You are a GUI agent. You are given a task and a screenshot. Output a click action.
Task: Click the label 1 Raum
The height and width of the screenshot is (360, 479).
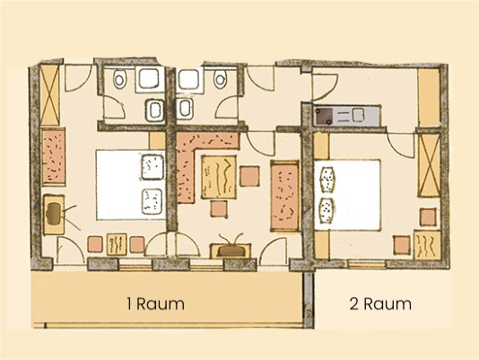155,303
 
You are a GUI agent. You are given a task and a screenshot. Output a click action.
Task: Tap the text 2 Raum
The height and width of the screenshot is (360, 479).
380,303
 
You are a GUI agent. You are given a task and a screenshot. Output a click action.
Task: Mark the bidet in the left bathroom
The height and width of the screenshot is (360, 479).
154,110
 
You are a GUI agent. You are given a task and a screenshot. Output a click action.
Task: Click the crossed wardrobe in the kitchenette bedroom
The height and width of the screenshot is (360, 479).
429,169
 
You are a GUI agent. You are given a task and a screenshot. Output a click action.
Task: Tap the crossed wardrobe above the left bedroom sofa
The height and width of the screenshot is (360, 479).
50,91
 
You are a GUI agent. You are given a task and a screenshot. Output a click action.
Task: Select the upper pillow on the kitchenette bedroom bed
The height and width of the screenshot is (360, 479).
327,179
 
